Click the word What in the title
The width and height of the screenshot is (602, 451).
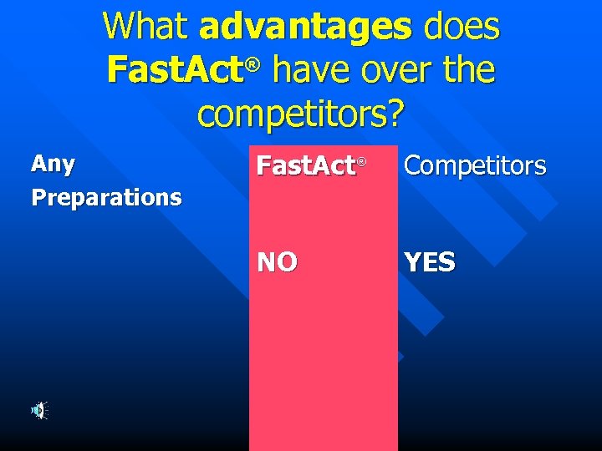point(146,28)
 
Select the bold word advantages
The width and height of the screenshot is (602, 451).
point(306,28)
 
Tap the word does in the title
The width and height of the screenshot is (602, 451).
point(462,28)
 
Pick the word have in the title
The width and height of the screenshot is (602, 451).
point(311,70)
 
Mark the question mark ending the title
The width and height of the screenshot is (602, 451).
point(393,112)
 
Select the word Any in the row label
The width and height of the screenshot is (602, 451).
point(53,164)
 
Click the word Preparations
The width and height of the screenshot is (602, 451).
point(106,198)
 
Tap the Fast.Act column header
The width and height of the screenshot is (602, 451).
point(306,166)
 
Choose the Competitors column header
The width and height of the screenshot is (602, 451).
point(475,166)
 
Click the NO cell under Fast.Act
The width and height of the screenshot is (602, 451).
point(277,263)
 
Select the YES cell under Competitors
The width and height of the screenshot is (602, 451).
point(430,263)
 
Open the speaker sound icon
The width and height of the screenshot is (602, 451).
point(38,410)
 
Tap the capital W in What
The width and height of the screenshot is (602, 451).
point(119,28)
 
